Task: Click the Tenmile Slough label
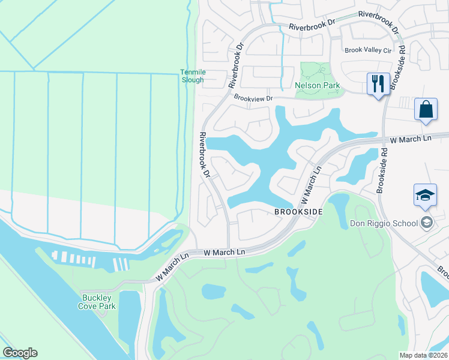tap(192, 76)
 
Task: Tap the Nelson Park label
tap(318, 85)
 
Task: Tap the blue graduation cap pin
tap(425, 195)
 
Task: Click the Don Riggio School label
tap(384, 224)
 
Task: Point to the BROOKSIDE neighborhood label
tap(299, 212)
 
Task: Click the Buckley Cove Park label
tap(96, 301)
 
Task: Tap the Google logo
tap(20, 353)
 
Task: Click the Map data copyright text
tap(423, 355)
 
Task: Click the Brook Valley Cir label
tap(367, 50)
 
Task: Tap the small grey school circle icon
tap(426, 223)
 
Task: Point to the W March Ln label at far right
tap(411, 139)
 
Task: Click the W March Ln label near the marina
tap(225, 253)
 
